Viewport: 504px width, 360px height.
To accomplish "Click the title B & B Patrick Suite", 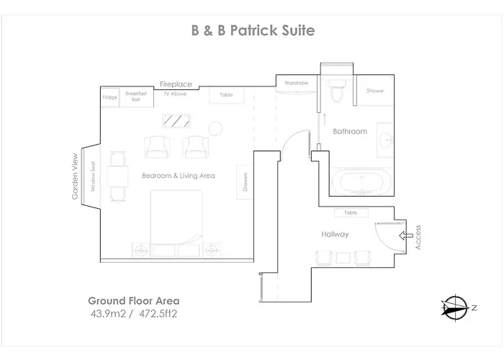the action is pos(253,30).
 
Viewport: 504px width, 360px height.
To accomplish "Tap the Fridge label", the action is pos(110,97).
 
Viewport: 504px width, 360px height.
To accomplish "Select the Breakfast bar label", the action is pos(136,96).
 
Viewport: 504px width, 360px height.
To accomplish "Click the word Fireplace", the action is pos(176,84).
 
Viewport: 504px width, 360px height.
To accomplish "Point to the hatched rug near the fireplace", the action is pos(176,121).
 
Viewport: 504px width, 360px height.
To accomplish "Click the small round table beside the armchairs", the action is pos(215,128).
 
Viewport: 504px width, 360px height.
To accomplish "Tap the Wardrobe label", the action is pos(297,83).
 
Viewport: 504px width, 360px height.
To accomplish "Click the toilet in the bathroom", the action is pos(336,91).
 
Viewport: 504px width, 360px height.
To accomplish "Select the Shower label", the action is pos(375,91).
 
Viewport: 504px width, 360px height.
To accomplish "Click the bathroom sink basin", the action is pos(386,140).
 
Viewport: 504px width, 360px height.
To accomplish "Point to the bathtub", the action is pos(361,182).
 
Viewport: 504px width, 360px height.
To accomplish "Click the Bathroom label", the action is pos(350,131).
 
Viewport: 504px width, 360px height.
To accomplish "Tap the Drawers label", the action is pos(246,182).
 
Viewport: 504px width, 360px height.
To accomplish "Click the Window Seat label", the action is pos(93,176).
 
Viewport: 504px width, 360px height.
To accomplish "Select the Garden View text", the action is pos(75,176).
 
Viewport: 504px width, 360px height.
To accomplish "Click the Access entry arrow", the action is pos(406,235).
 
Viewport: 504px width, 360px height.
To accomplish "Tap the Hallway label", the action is pos(335,234).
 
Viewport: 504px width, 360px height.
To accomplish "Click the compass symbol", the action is pos(456,307).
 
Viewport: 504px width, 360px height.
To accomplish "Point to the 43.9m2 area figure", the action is pos(108,313).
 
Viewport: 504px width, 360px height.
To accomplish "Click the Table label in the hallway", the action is pos(351,212).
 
